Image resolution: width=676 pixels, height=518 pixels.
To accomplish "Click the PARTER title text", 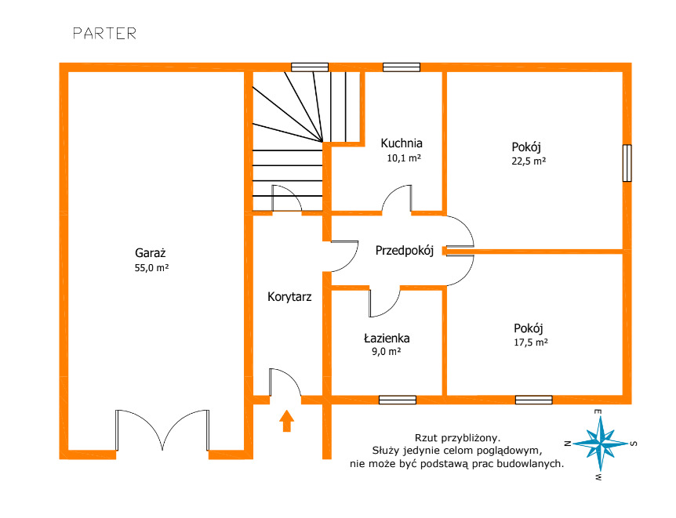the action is [105, 34].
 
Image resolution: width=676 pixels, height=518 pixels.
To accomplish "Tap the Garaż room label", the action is [151, 252].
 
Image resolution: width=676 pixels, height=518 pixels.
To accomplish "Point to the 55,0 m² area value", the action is [151, 267].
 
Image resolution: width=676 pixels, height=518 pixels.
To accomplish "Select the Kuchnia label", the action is [402, 143].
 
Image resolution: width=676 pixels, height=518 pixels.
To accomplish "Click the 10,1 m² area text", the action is [404, 158].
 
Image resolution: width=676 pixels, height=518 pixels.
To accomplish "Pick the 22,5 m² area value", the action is [529, 161].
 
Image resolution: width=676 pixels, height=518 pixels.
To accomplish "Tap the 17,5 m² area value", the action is [531, 342].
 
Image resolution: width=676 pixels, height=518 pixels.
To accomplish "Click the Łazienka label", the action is [387, 339].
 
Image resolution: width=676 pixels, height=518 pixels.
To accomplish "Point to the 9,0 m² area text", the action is [387, 352].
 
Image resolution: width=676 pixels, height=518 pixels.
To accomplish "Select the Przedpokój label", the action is [405, 251].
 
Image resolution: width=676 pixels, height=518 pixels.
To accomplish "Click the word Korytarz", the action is [289, 297].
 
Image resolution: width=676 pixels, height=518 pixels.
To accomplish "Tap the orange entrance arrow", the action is [287, 421].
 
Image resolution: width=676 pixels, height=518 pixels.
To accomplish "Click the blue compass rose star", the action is [601, 444].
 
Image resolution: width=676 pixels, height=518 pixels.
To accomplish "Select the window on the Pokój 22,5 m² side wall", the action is [627, 163].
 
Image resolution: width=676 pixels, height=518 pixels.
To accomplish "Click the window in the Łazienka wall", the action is [398, 400].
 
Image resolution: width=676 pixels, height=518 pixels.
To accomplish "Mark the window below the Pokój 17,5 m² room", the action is [534, 400].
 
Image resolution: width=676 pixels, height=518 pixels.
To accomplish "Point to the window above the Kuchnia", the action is [402, 67].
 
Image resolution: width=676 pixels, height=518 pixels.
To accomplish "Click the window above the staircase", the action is [310, 67].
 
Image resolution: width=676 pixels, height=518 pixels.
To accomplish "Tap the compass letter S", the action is [634, 444].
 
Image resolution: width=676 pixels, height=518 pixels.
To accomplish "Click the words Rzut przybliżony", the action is [457, 438].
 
